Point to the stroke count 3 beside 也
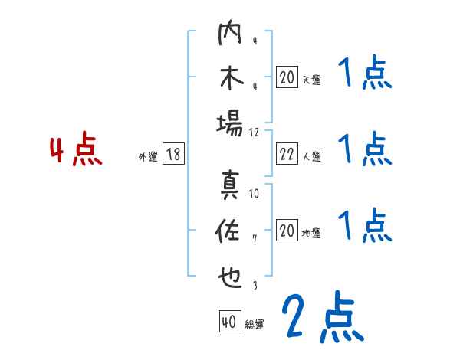pyautogui.click(x=255, y=285)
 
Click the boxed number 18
pyautogui.click(x=173, y=154)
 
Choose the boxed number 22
pyautogui.click(x=287, y=154)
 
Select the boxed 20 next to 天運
pyautogui.click(x=287, y=77)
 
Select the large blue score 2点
pyautogui.click(x=323, y=317)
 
